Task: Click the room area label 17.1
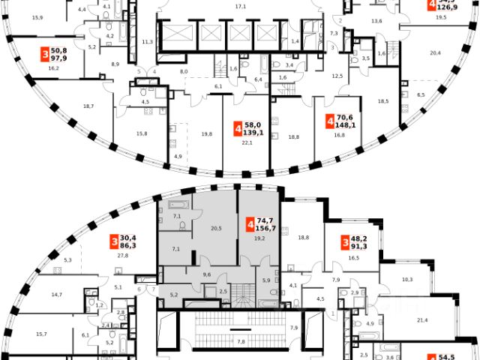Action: coord(241,6)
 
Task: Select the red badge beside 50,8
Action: coord(44,55)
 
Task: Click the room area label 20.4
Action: coord(436,52)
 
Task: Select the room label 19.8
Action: coord(206,134)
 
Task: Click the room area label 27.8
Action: coord(122,256)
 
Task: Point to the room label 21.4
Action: coord(421,321)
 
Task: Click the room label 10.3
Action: coord(407,279)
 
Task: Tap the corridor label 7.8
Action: coord(241,342)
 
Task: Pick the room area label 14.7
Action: coord(57,295)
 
